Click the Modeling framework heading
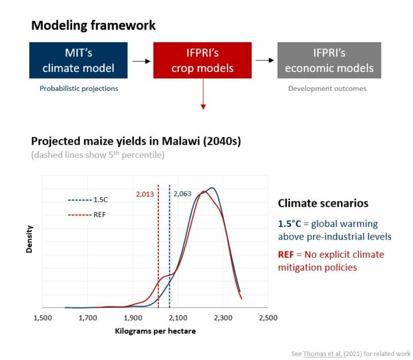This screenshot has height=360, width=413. click(x=93, y=26)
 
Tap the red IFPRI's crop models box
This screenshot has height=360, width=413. click(x=202, y=61)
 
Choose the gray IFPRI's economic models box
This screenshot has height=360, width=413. click(x=329, y=61)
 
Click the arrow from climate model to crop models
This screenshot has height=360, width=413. click(x=141, y=61)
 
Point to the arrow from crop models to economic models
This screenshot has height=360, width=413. click(x=264, y=61)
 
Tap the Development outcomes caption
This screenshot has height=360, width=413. click(x=327, y=89)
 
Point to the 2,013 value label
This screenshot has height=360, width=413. click(x=145, y=194)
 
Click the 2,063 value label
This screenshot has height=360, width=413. click(x=182, y=194)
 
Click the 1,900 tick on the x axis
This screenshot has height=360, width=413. click(x=133, y=318)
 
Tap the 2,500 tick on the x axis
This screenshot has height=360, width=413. click(x=268, y=318)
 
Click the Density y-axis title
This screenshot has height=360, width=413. click(x=30, y=239)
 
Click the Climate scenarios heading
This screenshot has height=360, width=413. click(x=323, y=203)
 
